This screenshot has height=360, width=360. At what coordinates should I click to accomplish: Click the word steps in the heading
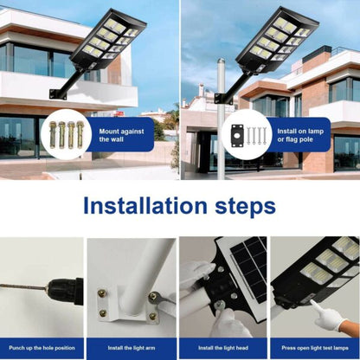coord(243,206)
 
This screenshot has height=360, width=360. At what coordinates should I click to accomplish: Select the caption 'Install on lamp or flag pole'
coord(299,135)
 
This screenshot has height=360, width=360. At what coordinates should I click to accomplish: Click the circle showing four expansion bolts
coord(67,134)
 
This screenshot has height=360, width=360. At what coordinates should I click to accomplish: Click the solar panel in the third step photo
coord(247,264)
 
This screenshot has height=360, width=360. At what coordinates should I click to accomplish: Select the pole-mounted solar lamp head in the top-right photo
coord(276,39)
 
